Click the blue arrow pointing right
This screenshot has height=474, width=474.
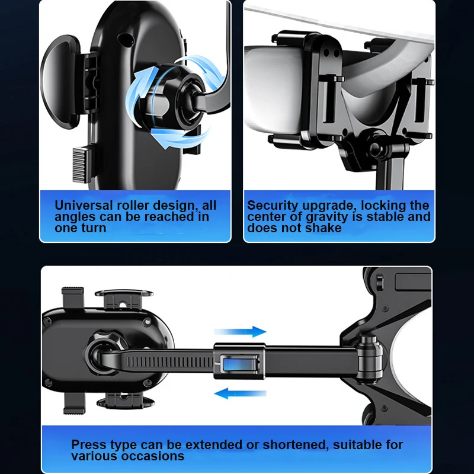pyautogui.click(x=240, y=332)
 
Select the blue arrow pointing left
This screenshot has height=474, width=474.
pyautogui.click(x=240, y=393)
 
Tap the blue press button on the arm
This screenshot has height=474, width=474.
pyautogui.click(x=239, y=364)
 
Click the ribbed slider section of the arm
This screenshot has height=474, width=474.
pyautogui.click(x=170, y=361)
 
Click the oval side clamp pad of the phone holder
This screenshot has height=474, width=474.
pyautogui.click(x=60, y=82)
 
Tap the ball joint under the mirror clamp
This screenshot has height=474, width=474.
pyautogui.click(x=376, y=148)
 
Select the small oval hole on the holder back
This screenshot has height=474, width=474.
pyautogui.click(x=125, y=39)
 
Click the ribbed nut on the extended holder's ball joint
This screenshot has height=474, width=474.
pyautogui.click(x=106, y=341)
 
